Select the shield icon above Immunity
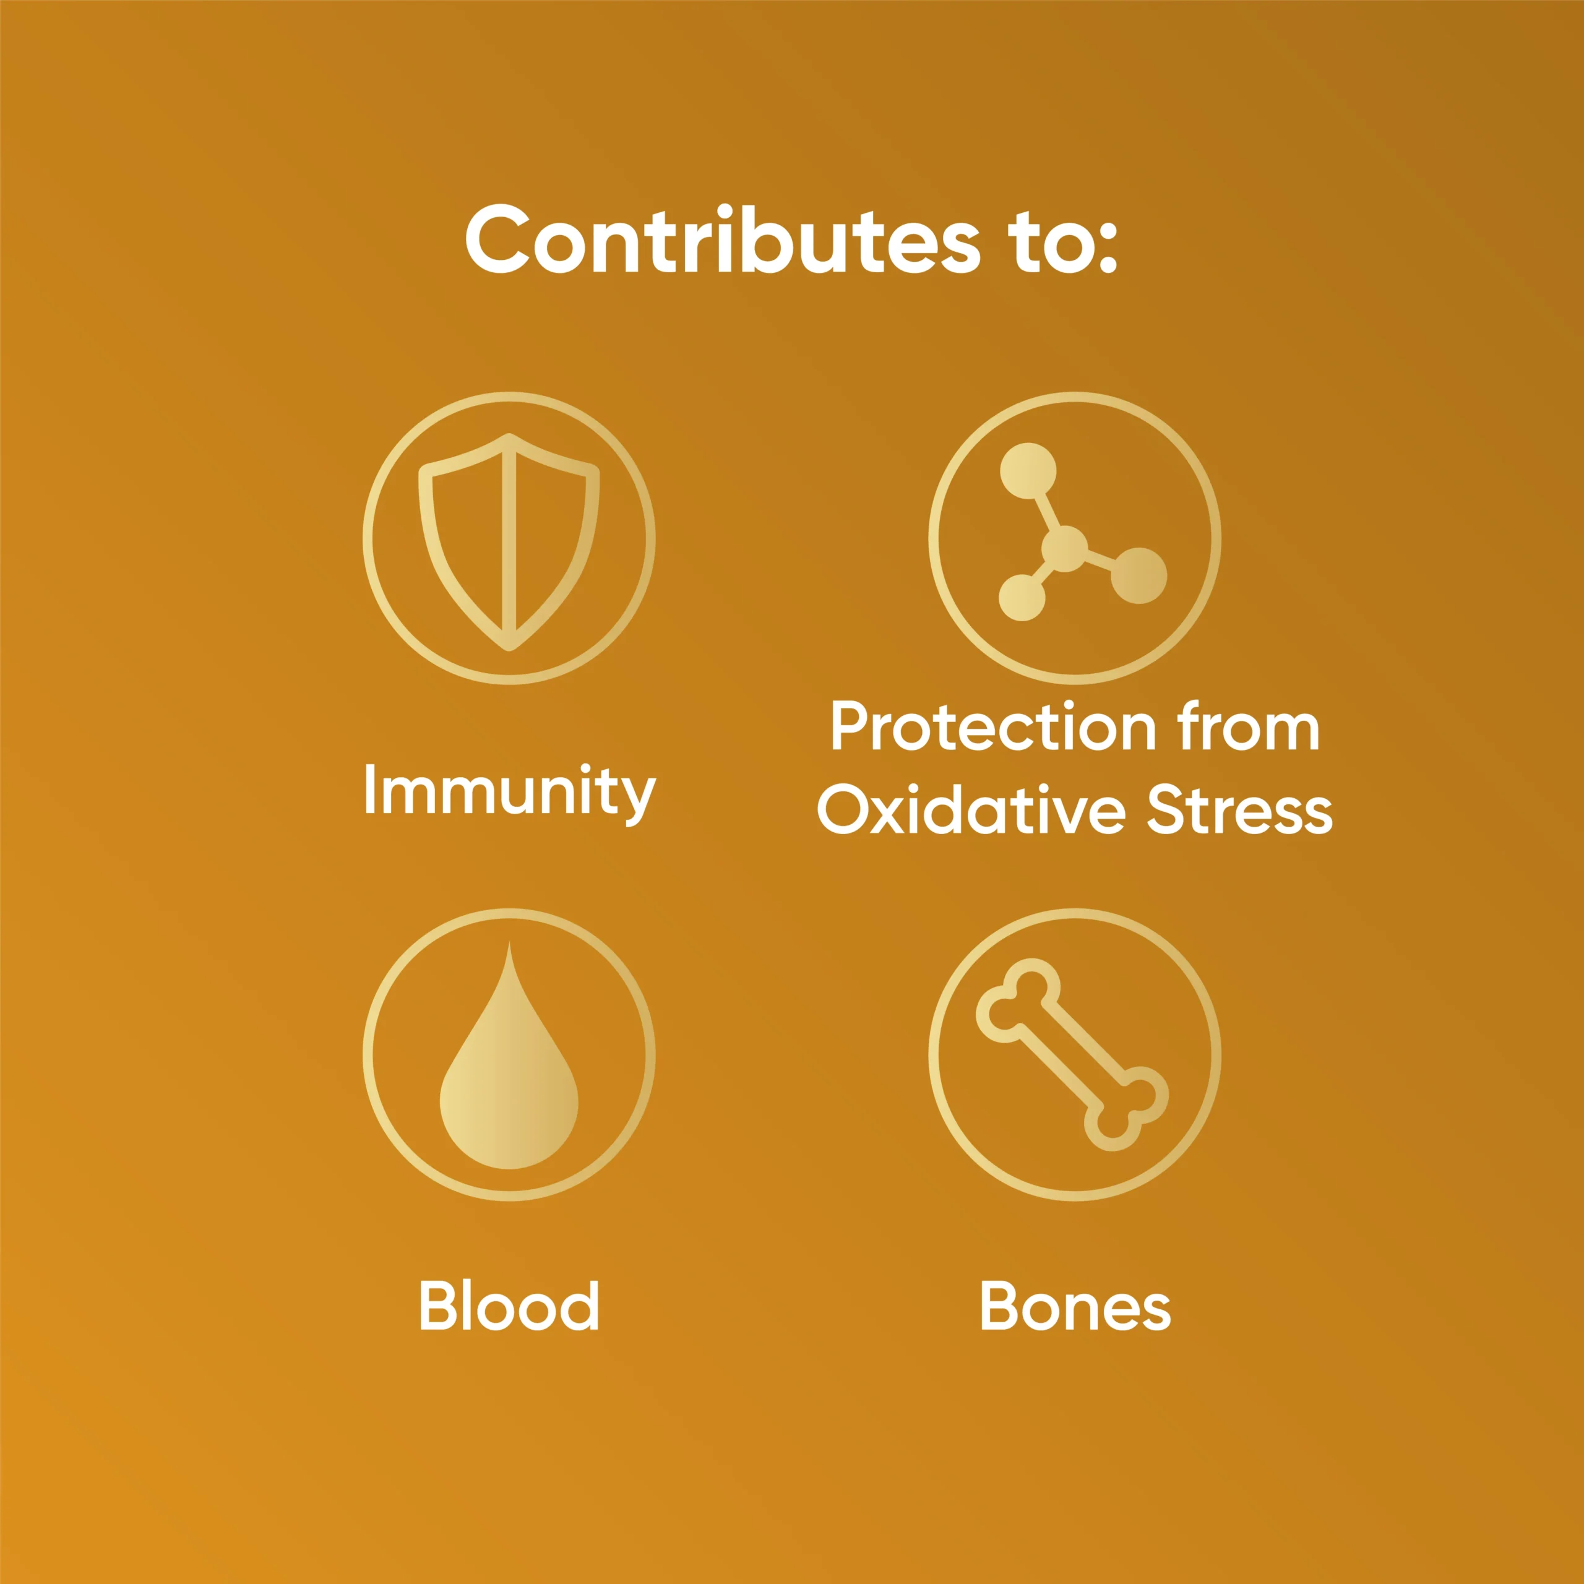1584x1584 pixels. click(509, 542)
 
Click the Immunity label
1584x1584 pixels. click(509, 793)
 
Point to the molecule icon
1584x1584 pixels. click(1082, 532)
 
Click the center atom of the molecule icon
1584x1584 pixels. click(1064, 548)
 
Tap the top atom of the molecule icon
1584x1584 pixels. click(1028, 471)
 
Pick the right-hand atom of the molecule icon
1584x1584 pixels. click(1138, 575)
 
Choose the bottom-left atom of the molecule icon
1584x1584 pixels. click(1022, 597)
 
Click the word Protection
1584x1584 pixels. click(993, 726)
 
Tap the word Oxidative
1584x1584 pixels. click(971, 809)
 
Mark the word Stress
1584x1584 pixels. click(1239, 810)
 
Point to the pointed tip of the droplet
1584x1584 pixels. click(509, 942)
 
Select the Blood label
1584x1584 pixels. click(509, 1304)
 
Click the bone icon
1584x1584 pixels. click(1072, 1054)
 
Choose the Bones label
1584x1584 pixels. click(1075, 1305)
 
